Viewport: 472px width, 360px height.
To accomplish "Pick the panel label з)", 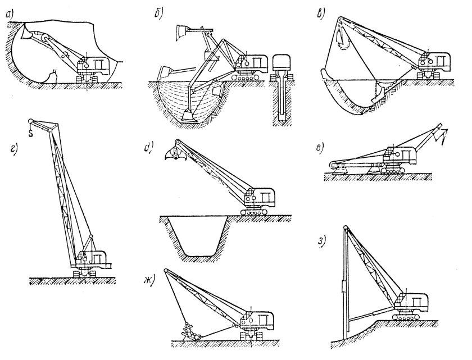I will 321,241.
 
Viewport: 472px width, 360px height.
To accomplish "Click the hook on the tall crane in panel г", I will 32,133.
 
